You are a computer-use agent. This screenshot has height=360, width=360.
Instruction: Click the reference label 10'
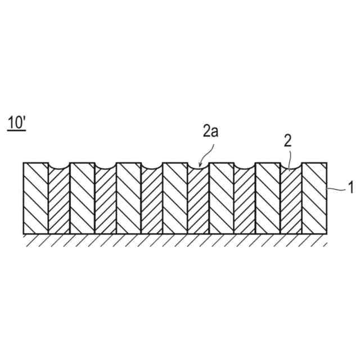pyautogui.click(x=17, y=122)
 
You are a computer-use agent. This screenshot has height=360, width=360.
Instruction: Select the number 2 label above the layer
pyautogui.click(x=287, y=141)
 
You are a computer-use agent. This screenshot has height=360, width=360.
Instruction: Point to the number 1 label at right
pyautogui.click(x=351, y=188)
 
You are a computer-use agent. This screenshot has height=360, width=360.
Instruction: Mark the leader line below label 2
pyautogui.click(x=289, y=159)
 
